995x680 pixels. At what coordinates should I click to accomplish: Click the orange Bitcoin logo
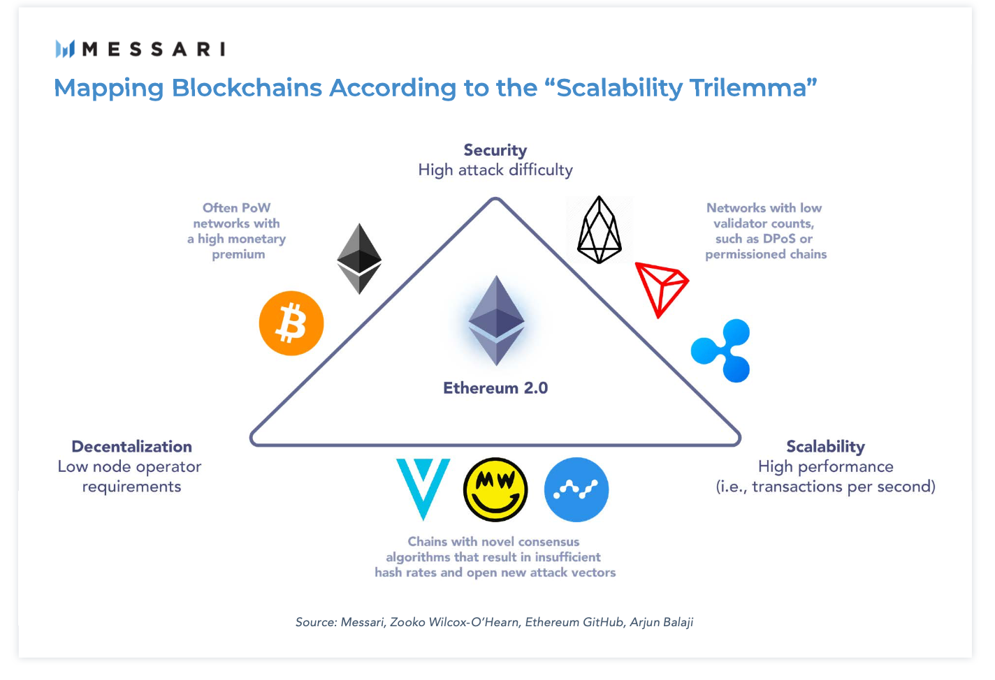(291, 323)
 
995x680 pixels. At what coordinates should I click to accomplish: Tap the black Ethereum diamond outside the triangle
(359, 258)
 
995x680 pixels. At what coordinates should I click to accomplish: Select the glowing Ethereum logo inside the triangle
(496, 320)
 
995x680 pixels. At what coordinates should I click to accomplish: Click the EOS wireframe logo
(600, 230)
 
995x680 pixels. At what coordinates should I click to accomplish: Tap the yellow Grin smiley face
(495, 489)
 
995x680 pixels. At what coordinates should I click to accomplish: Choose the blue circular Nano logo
(576, 489)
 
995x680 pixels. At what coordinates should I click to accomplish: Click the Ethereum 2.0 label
(495, 388)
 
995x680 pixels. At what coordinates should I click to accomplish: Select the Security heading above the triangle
(495, 150)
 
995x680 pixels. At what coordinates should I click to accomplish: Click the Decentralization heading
(131, 447)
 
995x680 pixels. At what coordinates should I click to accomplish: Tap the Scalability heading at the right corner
(825, 447)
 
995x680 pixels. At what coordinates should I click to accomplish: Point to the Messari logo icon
(65, 49)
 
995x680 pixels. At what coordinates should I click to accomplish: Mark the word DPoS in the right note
(779, 239)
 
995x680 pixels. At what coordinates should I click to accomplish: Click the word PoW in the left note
(256, 208)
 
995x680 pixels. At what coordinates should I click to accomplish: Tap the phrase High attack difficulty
(495, 170)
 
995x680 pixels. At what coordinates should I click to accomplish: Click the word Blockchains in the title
(247, 88)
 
